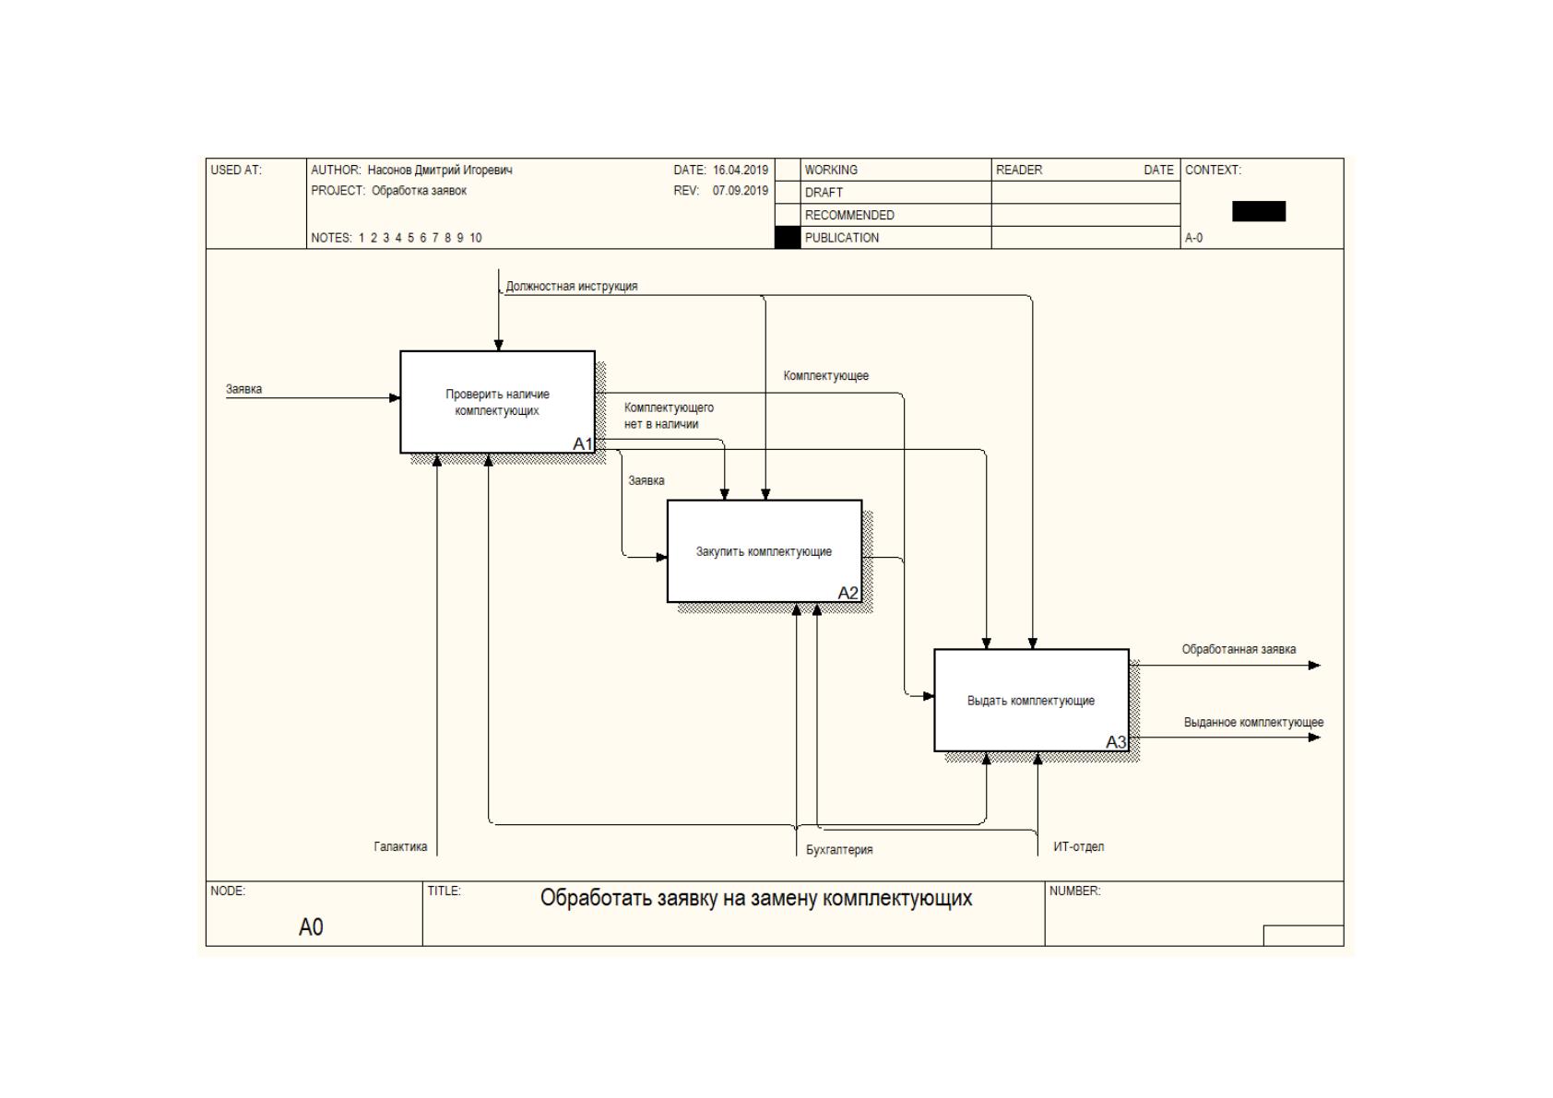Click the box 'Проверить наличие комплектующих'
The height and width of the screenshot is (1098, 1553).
[x=498, y=402]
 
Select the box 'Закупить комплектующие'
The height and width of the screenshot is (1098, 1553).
[x=765, y=551]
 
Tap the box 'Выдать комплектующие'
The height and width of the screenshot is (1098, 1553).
[x=1032, y=700]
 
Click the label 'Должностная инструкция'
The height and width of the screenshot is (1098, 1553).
[x=571, y=287]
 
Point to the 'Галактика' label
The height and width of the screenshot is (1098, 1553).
[x=401, y=846]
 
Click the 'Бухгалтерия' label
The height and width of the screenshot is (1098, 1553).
[x=839, y=850]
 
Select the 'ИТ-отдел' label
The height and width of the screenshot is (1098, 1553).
[x=1079, y=846]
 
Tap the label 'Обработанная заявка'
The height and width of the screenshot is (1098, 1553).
[x=1239, y=650]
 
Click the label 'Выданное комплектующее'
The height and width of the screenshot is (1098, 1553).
[x=1253, y=722]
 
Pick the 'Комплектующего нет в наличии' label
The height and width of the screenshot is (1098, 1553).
[x=669, y=416]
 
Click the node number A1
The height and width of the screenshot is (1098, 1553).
[x=583, y=443]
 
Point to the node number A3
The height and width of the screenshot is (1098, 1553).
[x=1116, y=742]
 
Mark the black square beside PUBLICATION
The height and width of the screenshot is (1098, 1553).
[x=788, y=238]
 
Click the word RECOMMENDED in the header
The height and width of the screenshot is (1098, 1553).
[x=849, y=216]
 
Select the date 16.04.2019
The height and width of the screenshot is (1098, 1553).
[x=741, y=170]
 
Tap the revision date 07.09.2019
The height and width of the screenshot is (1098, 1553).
[x=741, y=191]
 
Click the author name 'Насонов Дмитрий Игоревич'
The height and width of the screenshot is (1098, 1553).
[x=440, y=170]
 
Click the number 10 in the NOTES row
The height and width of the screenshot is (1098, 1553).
[x=476, y=238]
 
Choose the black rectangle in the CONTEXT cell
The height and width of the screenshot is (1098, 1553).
[x=1259, y=211]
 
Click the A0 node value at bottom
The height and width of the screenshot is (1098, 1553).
[x=311, y=927]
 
